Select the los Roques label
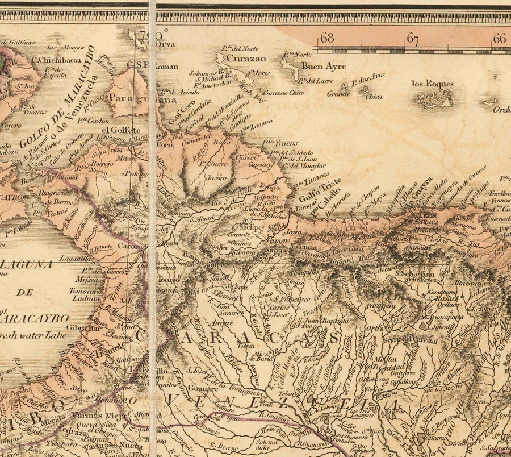point(433,84)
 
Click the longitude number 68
point(327,39)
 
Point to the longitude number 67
point(412,40)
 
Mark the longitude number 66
point(499,39)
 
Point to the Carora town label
point(130,246)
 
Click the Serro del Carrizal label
point(409,340)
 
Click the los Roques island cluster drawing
point(433,99)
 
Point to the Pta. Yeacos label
point(280,144)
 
